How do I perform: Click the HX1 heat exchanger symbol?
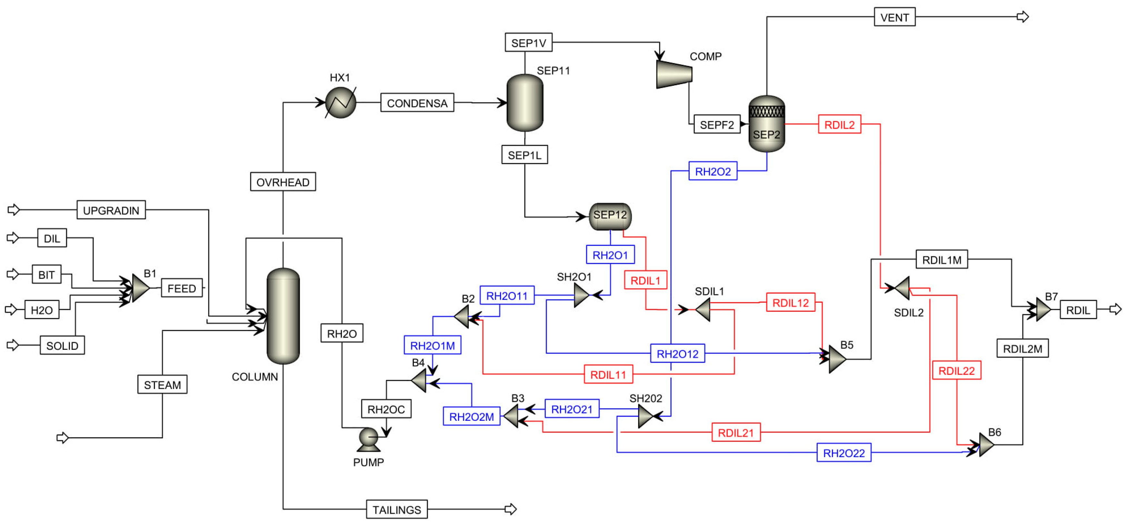(341, 103)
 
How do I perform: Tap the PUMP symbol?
(368, 439)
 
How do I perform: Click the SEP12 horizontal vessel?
(610, 216)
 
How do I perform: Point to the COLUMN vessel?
(283, 316)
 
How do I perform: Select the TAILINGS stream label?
(396, 510)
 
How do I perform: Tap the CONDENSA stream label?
(417, 103)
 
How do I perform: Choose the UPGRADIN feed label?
(111, 210)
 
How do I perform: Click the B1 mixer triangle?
(140, 288)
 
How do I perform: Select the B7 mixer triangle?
(1043, 309)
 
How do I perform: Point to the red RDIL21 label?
(736, 432)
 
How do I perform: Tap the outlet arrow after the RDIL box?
(1115, 309)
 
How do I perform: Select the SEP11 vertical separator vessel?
(524, 103)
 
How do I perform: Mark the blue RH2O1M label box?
(432, 345)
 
